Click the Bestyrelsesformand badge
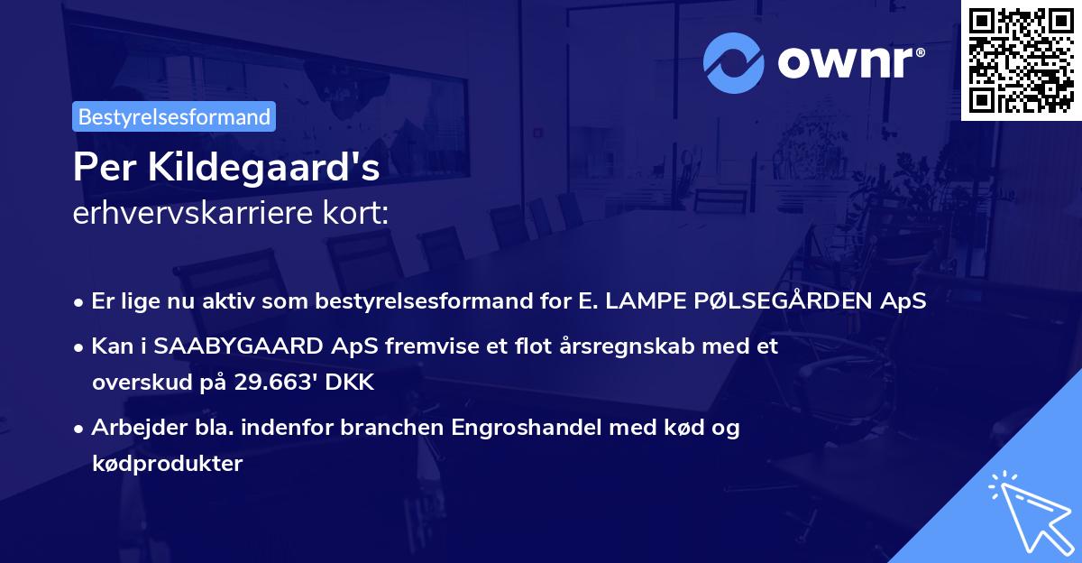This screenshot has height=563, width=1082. coord(174,116)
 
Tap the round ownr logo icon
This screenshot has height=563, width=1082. coord(734,62)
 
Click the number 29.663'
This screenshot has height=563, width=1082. coord(280,383)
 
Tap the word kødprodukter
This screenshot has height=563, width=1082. coord(167,464)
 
